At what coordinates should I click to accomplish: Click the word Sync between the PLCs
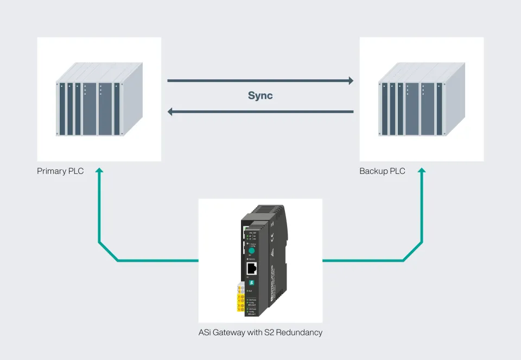tap(260, 96)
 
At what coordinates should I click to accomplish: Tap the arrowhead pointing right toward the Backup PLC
tap(350, 81)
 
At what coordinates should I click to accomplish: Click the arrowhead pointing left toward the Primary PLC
tap(171, 112)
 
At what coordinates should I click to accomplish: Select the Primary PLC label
tap(60, 171)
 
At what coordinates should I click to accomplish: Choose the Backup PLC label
tap(382, 171)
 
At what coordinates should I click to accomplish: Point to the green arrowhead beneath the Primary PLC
tap(99, 171)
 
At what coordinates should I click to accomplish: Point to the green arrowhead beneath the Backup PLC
tap(421, 171)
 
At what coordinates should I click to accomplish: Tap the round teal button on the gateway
tap(251, 249)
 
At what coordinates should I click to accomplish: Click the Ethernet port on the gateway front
tap(252, 268)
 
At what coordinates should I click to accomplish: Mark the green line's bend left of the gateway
tap(118, 261)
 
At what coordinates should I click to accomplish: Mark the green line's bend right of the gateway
tap(403, 261)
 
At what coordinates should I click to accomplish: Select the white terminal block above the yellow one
tap(239, 288)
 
